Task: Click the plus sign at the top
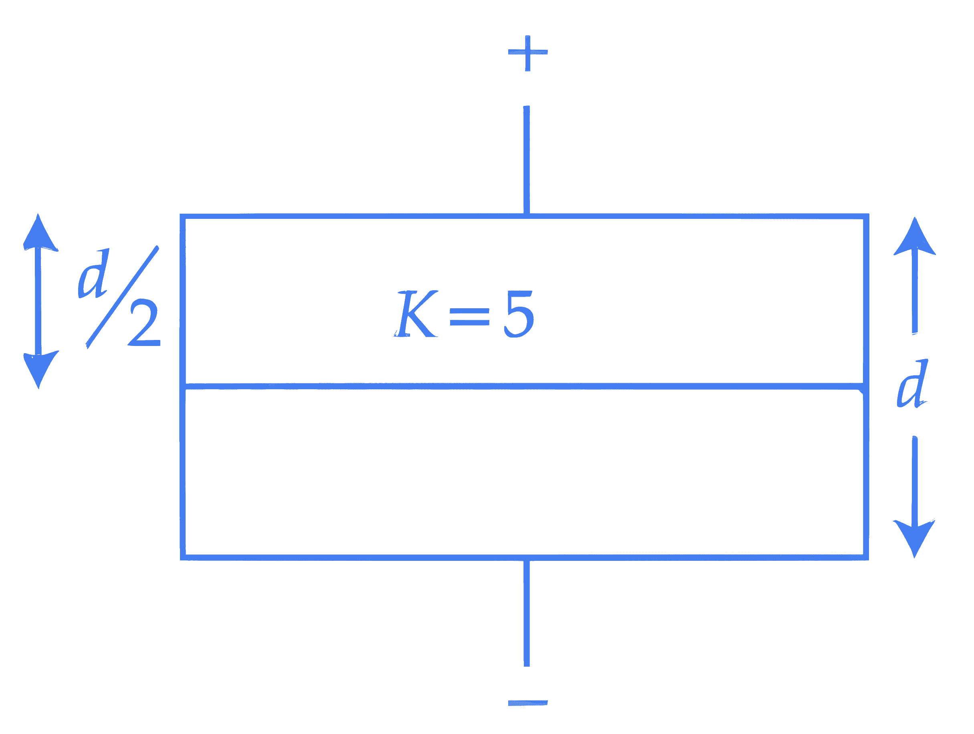pos(527,53)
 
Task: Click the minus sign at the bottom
pos(527,703)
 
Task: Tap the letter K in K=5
pos(416,313)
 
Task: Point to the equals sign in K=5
pos(469,317)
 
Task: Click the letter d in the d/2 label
pos(93,273)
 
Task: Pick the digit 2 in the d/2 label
pos(144,323)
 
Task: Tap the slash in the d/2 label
pos(122,297)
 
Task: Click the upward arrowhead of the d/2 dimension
pos(39,233)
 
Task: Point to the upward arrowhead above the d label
pos(914,237)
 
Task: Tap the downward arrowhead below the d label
pos(914,538)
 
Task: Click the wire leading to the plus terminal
pos(527,160)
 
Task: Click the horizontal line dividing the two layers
pos(524,386)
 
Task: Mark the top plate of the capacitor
pos(524,216)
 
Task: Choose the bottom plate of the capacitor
pos(524,558)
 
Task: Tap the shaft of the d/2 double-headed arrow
pos(39,301)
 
